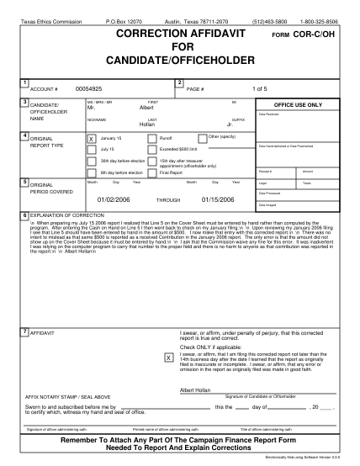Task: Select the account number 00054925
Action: click(x=88, y=87)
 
